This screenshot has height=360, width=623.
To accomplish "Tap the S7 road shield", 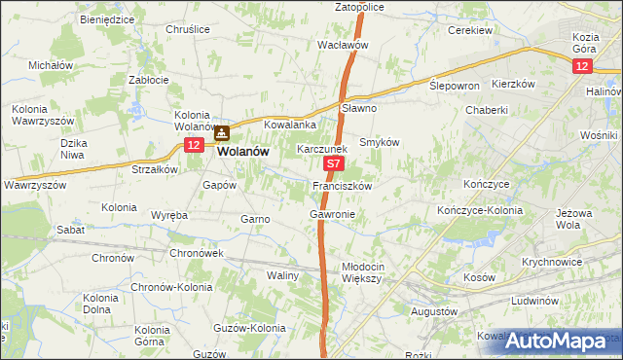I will (x=333, y=167).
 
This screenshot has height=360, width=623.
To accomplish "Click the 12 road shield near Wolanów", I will (x=193, y=146).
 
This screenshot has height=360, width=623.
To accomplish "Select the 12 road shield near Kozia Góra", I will (x=581, y=65).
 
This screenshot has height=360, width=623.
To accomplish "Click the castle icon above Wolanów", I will (x=222, y=135).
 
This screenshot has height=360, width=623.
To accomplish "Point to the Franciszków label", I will (x=342, y=185).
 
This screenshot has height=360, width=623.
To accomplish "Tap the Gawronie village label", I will (x=332, y=213).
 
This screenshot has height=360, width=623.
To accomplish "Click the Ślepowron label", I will (x=455, y=86).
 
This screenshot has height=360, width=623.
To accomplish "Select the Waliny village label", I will (x=283, y=276).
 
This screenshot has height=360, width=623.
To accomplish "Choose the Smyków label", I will (x=380, y=142).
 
